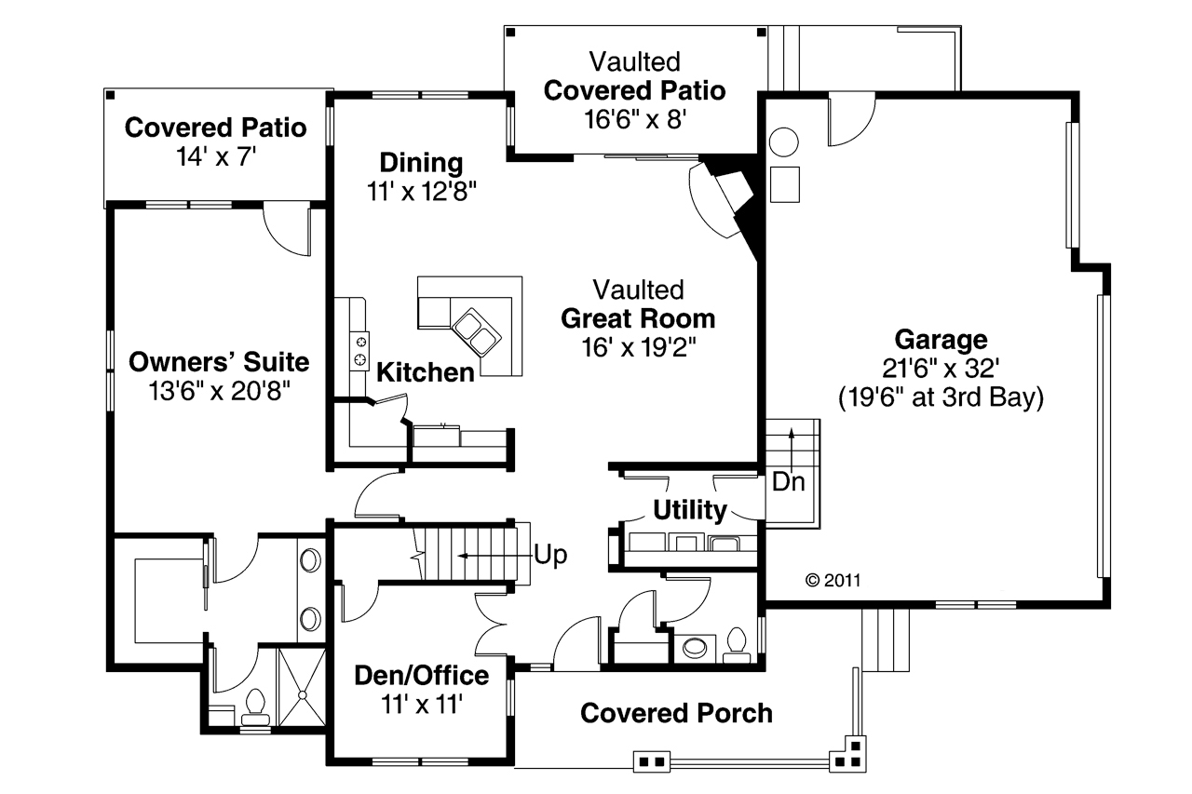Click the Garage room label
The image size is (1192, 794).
click(941, 339)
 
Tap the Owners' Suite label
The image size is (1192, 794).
click(219, 361)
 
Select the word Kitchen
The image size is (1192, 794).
click(425, 373)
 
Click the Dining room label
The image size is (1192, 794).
click(420, 163)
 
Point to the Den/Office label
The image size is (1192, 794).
click(421, 675)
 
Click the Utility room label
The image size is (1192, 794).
click(689, 510)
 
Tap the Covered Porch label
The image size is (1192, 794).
click(676, 713)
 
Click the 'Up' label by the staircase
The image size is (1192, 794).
click(550, 555)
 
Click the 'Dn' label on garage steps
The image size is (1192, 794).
click(790, 483)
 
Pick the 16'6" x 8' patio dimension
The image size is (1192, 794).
click(634, 120)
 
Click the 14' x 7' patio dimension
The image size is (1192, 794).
click(215, 156)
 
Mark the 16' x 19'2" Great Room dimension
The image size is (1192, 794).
click(638, 347)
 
